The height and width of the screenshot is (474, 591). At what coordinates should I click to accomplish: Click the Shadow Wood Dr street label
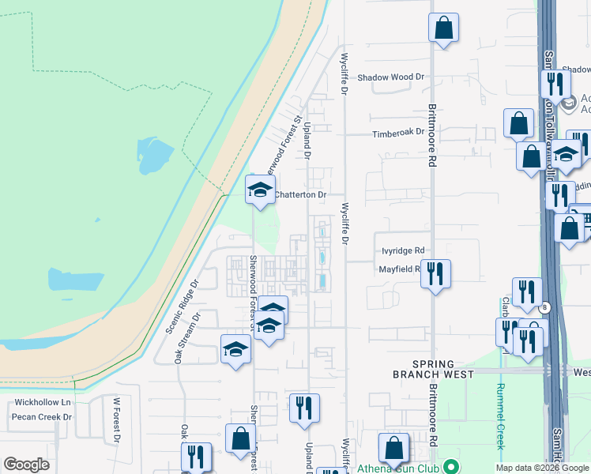point(390,77)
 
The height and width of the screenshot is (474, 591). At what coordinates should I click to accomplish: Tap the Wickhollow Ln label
point(43,403)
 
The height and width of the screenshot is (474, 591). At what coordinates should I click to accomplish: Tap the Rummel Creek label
point(500,416)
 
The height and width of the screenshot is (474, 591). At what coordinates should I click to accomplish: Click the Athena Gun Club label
point(399,468)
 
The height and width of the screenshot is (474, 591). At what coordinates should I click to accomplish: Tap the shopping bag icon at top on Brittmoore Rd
point(444,28)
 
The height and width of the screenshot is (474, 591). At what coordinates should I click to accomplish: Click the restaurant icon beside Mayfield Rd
point(435,273)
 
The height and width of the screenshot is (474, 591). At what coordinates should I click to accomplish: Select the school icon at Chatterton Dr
point(259,190)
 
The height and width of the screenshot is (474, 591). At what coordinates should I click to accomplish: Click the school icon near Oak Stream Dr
point(235,350)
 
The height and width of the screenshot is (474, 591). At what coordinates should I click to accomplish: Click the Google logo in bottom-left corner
point(26,465)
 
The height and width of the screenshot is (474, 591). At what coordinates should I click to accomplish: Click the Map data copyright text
point(542,468)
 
